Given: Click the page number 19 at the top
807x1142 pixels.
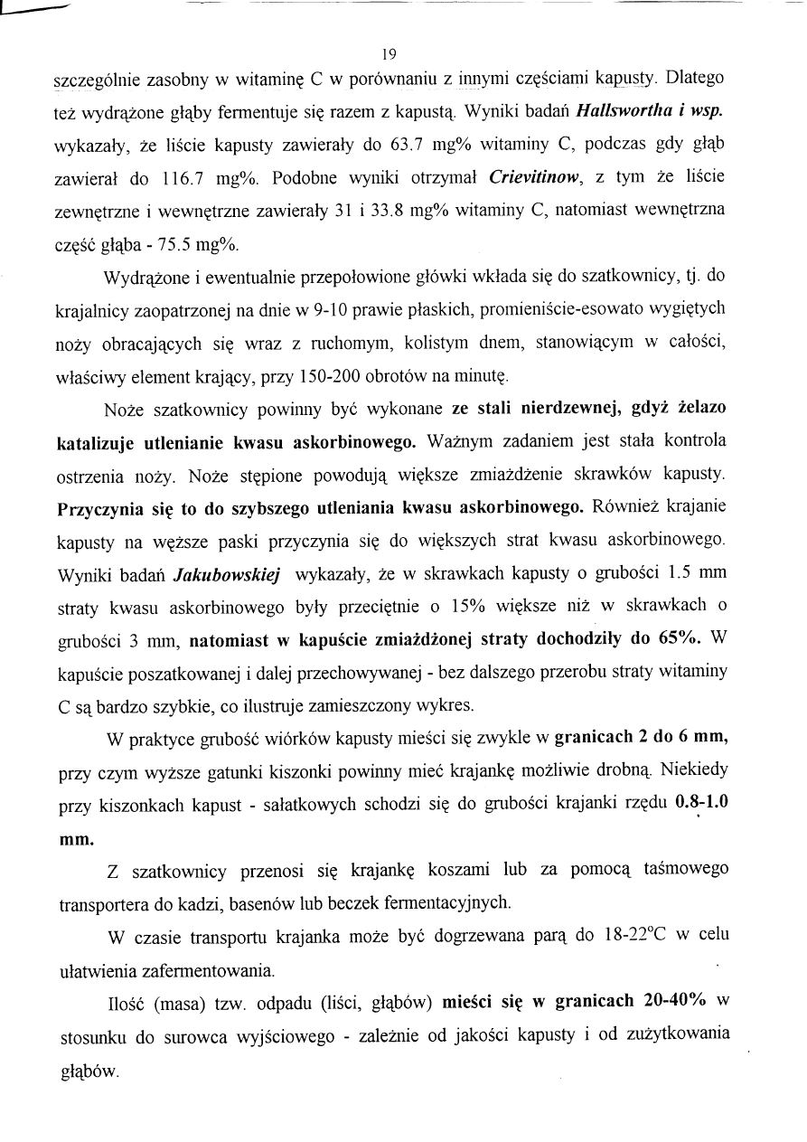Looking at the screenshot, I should coord(389,52).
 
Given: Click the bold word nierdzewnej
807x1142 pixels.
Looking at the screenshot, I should coord(558,409).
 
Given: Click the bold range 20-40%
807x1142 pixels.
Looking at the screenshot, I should coord(670,1000).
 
